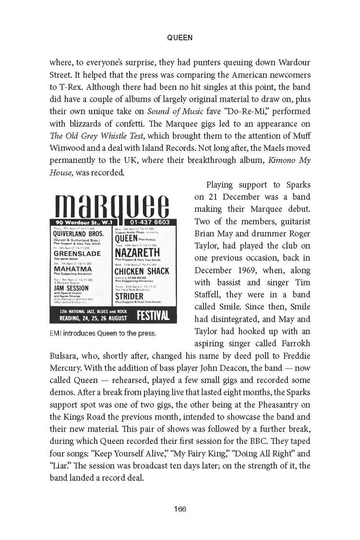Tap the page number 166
click(x=180, y=509)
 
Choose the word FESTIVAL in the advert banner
click(x=153, y=316)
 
